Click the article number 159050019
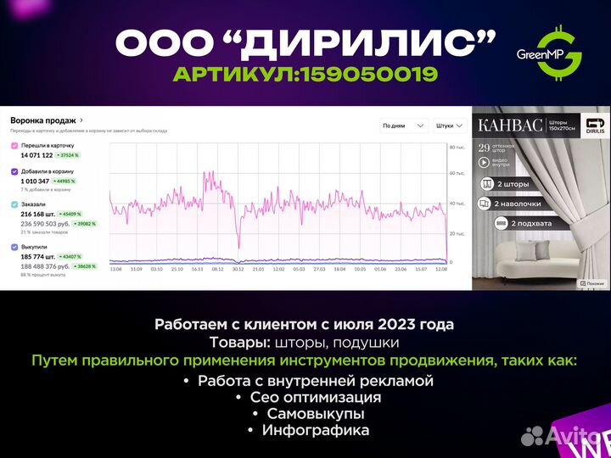[305, 75]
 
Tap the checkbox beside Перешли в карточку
[14, 145]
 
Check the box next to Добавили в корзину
[14, 170]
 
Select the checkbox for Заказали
[14, 204]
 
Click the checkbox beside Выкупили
[14, 247]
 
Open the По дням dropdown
[403, 126]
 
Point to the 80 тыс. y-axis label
[457, 147]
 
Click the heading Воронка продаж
[43, 120]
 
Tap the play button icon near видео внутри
[485, 165]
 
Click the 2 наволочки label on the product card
[519, 203]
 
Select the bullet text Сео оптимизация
[315, 397]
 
